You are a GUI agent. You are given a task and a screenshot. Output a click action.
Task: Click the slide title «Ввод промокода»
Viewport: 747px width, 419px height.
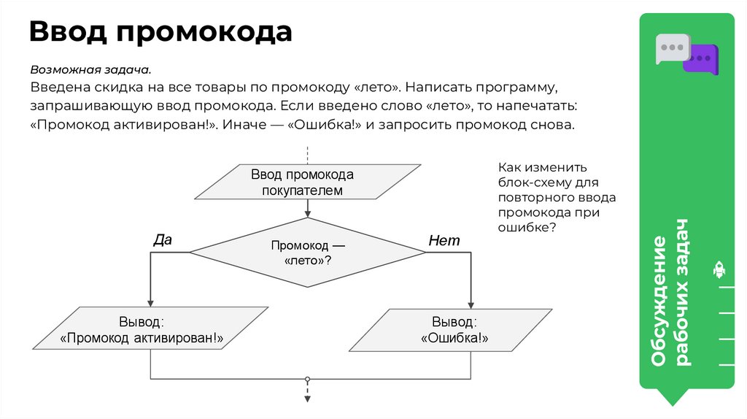pyautogui.click(x=160, y=33)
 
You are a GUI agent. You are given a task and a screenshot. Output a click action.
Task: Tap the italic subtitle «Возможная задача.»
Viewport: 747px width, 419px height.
pyautogui.click(x=90, y=71)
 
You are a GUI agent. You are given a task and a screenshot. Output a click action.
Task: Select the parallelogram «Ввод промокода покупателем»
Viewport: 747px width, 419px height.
pyautogui.click(x=307, y=182)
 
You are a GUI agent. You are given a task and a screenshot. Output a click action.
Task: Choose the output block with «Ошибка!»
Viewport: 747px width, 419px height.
pyautogui.click(x=453, y=330)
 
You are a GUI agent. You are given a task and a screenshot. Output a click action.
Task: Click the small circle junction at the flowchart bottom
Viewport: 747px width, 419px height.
pyautogui.click(x=307, y=379)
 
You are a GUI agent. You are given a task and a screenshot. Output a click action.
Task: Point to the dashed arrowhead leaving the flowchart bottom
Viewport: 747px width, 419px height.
pyautogui.click(x=307, y=398)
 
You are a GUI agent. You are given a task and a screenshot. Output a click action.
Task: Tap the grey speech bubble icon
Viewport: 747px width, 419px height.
pyautogui.click(x=670, y=49)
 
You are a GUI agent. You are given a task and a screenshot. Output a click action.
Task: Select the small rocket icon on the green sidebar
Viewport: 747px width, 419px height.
pyautogui.click(x=719, y=270)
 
